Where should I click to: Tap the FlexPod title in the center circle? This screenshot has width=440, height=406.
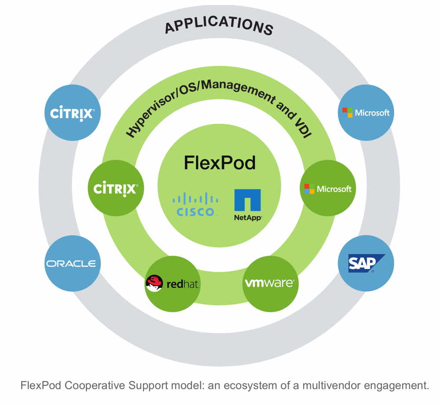pos(220,163)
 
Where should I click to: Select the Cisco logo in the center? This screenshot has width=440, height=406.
pos(195,204)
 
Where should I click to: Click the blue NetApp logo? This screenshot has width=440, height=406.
pos(247,201)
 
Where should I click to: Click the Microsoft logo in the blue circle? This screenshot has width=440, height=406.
pos(366,112)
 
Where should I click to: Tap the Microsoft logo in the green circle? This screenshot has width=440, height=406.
pos(328,189)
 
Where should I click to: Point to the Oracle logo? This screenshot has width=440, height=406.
pos(71,264)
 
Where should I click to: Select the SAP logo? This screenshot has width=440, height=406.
pos(366,263)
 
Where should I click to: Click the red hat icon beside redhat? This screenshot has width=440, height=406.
pos(154,284)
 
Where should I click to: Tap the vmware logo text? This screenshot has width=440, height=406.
pos(269,282)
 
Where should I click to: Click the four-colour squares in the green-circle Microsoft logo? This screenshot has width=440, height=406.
pos(309,189)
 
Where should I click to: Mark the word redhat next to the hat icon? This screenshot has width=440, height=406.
pos(183,284)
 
